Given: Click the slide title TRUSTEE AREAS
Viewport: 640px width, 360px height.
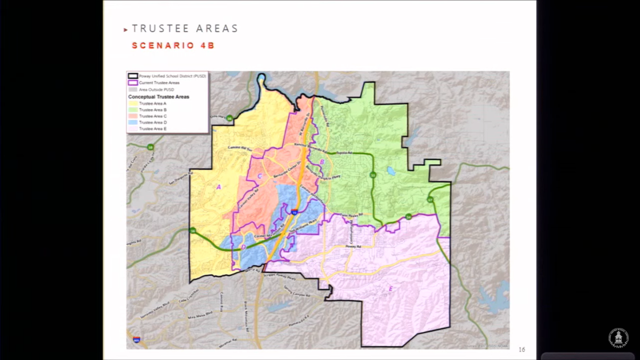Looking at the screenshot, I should (185, 29).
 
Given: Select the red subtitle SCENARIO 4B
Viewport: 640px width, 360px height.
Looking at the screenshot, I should (173, 46).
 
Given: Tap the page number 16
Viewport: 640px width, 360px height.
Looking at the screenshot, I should (522, 349).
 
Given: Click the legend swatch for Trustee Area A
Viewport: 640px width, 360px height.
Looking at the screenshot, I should (133, 103).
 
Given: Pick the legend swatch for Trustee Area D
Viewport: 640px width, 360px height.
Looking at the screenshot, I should (133, 123).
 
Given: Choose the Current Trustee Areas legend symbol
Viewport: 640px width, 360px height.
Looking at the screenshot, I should (133, 83).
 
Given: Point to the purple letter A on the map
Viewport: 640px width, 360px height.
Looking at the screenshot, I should (218, 187).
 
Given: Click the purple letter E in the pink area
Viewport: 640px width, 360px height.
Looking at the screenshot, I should (391, 289).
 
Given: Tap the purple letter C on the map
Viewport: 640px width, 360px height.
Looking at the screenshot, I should (260, 176).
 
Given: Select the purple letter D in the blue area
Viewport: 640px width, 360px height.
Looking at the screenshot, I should (244, 247).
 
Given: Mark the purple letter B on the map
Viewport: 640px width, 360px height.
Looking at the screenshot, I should (322, 162).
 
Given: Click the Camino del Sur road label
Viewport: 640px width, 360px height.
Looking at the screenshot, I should (239, 148).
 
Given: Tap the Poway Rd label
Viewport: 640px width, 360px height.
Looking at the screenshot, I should (353, 247).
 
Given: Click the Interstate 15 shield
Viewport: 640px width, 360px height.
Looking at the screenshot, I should (294, 212).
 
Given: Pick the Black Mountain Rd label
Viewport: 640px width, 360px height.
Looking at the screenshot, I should (246, 310).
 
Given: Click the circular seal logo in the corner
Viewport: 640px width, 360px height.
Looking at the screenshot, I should (618, 338).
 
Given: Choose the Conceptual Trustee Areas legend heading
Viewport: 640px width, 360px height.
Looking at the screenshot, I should (158, 97).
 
